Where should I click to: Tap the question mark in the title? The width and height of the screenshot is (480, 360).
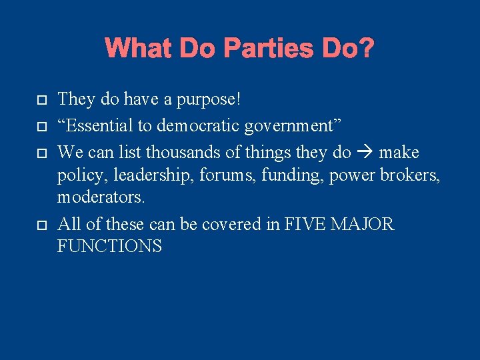pyautogui.click(x=366, y=48)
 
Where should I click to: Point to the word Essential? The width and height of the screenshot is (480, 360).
pyautogui.click(x=96, y=126)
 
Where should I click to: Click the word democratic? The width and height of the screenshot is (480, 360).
pyautogui.click(x=198, y=126)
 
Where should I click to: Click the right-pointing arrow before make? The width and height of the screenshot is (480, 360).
pyautogui.click(x=365, y=153)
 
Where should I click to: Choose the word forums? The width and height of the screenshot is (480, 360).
pyautogui.click(x=203, y=175)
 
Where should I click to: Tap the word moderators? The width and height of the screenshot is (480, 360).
pyautogui.click(x=101, y=197)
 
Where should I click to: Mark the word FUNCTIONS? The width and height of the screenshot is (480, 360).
pyautogui.click(x=109, y=247)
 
